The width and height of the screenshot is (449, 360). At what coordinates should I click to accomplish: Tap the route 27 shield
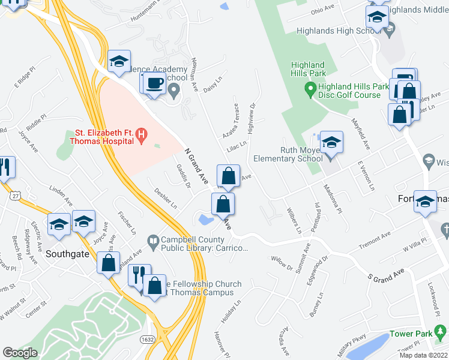(15, 196)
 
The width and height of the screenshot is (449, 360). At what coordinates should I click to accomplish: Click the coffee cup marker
(154, 83)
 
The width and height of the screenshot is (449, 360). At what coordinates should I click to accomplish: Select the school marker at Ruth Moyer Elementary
(331, 143)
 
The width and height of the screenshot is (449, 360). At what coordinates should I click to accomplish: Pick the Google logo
(20, 353)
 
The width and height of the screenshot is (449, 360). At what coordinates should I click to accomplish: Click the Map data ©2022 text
(424, 355)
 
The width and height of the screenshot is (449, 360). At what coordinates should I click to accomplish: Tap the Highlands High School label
(339, 31)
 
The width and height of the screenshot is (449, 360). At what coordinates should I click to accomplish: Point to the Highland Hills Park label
(308, 69)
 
